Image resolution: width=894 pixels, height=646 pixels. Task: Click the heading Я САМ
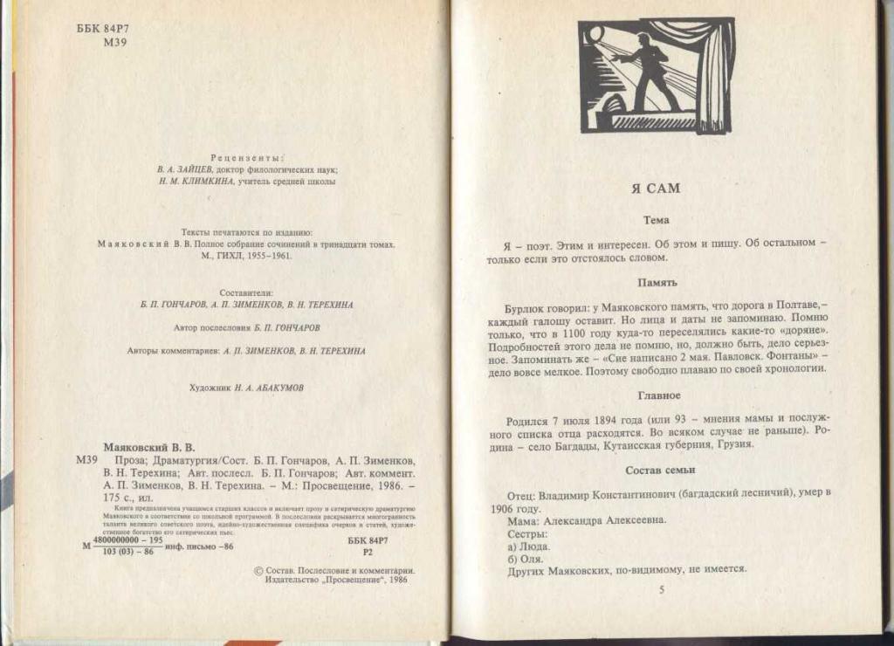click(655, 188)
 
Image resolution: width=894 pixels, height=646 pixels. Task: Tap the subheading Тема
click(655, 221)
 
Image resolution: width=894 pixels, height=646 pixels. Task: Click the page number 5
click(661, 591)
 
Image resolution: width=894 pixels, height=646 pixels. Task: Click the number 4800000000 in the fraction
click(123, 541)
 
